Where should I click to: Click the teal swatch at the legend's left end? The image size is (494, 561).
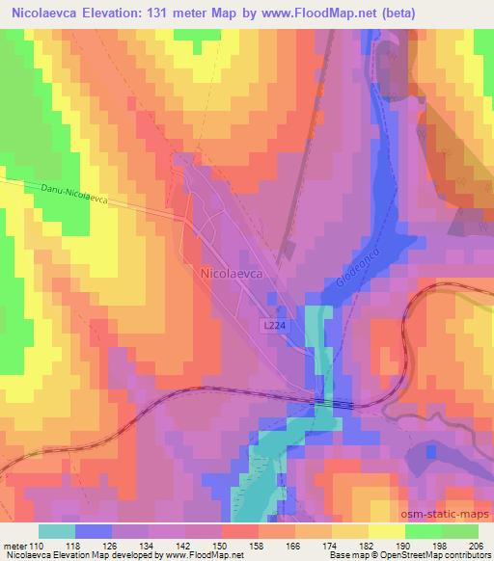click(x=57, y=531)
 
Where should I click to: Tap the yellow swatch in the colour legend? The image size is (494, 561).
click(x=385, y=531)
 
